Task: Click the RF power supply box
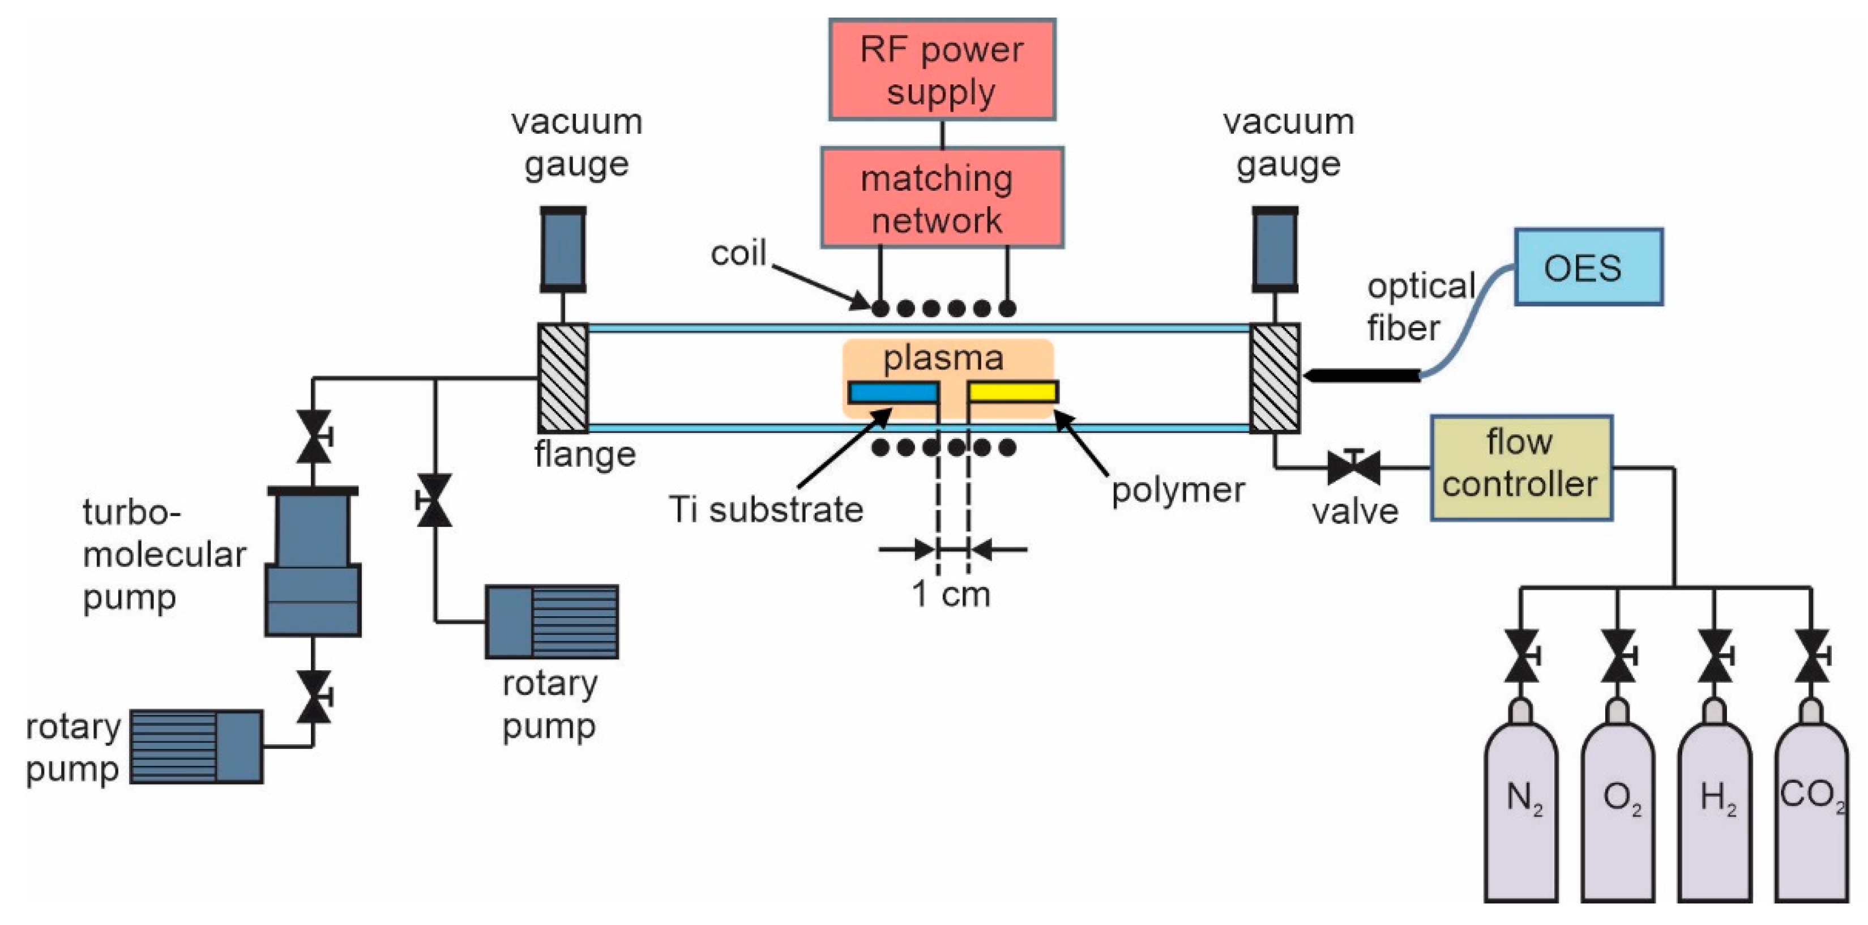point(942,70)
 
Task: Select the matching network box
point(942,197)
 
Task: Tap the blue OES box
point(1588,267)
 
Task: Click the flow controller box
point(1521,467)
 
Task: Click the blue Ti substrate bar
point(893,393)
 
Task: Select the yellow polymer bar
point(1012,392)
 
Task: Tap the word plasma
point(943,357)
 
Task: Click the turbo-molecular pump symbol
point(313,562)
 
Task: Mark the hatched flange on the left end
point(563,377)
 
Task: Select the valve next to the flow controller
point(1353,467)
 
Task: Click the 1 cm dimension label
point(951,594)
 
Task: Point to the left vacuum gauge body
point(563,249)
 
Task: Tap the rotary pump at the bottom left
point(196,747)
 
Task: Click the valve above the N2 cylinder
point(1521,656)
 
